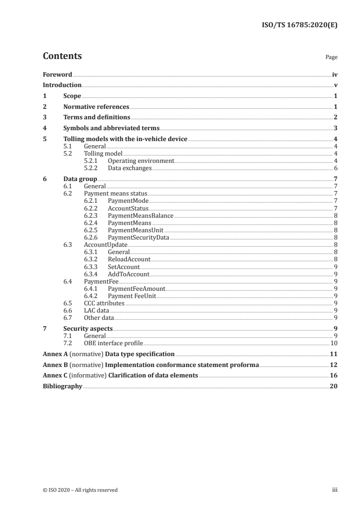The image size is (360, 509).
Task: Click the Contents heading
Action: pos(62,56)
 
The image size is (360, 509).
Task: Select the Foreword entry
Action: pos(57,74)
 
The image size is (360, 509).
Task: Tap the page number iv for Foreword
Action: pos(335,74)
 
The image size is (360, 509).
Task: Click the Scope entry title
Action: pos(72,96)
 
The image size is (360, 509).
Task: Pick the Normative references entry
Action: pos(96,107)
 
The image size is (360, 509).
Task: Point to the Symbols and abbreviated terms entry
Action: pos(111,128)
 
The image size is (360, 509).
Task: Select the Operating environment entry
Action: pos(141,161)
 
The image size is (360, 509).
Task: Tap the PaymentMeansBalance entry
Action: pos(140,215)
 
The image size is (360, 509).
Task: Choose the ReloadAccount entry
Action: pos(129,259)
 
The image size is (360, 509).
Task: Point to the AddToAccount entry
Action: pos(128,274)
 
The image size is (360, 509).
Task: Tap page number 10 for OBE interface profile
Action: pos(334,343)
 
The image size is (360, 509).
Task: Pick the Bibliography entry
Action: pos(62,387)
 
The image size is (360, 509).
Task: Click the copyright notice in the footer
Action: pos(80,490)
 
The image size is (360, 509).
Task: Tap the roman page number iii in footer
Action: pos(335,490)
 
